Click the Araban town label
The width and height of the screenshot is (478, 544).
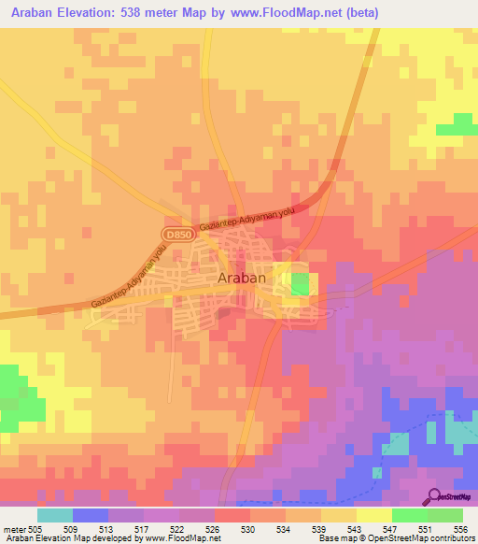click(x=242, y=278)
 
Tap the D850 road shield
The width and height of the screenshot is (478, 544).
click(x=175, y=233)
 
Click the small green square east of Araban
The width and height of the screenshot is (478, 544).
click(x=299, y=284)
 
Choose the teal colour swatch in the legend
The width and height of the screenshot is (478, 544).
click(x=55, y=515)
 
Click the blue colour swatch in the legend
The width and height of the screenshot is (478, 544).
click(x=91, y=515)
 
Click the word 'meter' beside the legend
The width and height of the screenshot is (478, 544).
click(x=14, y=528)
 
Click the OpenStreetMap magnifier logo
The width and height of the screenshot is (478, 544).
click(x=435, y=496)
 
